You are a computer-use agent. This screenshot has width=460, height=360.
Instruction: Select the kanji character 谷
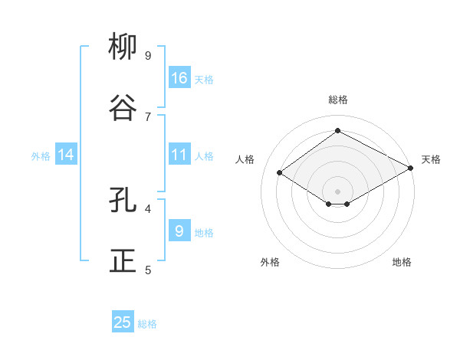point(123,108)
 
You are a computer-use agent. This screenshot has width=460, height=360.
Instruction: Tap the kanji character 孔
point(123,200)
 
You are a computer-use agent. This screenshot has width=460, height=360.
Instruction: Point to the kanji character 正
point(123,260)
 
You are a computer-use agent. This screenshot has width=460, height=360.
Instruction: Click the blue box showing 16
point(179,77)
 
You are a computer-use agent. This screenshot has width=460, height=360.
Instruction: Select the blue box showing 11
point(179,155)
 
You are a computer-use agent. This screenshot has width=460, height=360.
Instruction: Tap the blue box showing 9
point(179,231)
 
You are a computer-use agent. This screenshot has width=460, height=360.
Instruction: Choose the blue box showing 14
point(66,155)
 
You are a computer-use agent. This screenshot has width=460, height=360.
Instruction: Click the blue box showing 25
point(123,322)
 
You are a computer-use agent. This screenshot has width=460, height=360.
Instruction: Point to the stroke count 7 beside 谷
point(148,116)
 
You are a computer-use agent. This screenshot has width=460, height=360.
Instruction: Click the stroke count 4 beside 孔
point(148,208)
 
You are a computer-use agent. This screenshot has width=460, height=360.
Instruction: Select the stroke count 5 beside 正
point(148,270)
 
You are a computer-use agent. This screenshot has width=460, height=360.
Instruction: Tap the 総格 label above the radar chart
point(338,100)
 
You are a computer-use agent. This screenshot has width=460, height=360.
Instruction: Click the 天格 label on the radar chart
point(431,159)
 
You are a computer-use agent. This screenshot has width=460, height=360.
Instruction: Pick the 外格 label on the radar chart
point(270,262)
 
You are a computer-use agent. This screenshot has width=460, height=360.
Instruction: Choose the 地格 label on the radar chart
point(402,262)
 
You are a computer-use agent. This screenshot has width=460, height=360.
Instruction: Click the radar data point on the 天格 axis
point(411,168)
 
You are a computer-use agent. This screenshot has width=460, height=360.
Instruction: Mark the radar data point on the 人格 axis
point(280,173)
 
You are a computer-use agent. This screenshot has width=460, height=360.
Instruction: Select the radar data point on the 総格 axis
point(338,130)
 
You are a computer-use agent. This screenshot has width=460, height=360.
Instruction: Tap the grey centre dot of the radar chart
point(338,191)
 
